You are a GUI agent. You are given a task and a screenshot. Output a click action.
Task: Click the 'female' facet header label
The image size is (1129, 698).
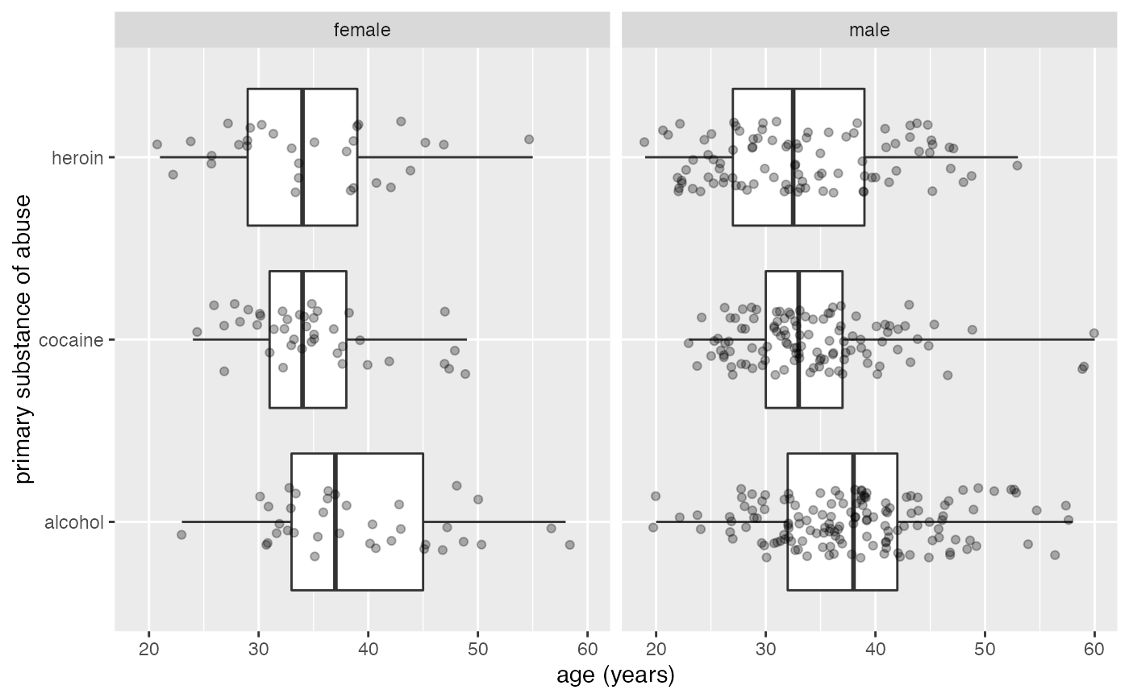(362, 31)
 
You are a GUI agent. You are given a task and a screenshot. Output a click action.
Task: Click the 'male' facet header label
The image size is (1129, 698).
(869, 31)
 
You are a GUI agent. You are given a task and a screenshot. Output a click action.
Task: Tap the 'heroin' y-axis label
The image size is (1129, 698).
(77, 158)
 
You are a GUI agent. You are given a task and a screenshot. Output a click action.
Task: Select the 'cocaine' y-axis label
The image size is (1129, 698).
(72, 340)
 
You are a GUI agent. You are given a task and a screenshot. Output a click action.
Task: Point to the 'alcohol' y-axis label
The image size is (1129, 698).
(74, 522)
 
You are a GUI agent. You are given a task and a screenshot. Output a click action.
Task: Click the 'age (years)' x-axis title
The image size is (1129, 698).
(615, 675)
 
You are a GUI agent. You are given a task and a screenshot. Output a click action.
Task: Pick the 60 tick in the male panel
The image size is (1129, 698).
(1094, 648)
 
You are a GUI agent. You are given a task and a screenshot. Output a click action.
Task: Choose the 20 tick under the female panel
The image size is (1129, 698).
(149, 648)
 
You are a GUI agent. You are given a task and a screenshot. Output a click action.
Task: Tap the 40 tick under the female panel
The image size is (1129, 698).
(368, 648)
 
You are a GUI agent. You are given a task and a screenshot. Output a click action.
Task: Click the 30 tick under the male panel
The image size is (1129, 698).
(765, 648)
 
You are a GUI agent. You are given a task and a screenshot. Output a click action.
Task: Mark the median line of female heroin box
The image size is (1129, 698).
(302, 157)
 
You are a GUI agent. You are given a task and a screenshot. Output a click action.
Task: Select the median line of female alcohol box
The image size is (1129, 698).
(335, 522)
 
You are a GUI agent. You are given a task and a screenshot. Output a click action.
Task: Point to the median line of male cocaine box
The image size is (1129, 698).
(798, 340)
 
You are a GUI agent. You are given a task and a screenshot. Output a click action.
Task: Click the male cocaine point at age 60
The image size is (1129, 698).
(1094, 333)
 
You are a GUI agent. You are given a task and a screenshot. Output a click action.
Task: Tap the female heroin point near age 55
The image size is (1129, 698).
(529, 139)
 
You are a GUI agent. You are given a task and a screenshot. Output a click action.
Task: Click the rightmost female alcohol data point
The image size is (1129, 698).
(569, 544)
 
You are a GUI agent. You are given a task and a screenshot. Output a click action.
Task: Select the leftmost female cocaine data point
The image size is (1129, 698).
(197, 331)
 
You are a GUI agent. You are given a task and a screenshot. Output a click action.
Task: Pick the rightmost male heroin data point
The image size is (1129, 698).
(1017, 165)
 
